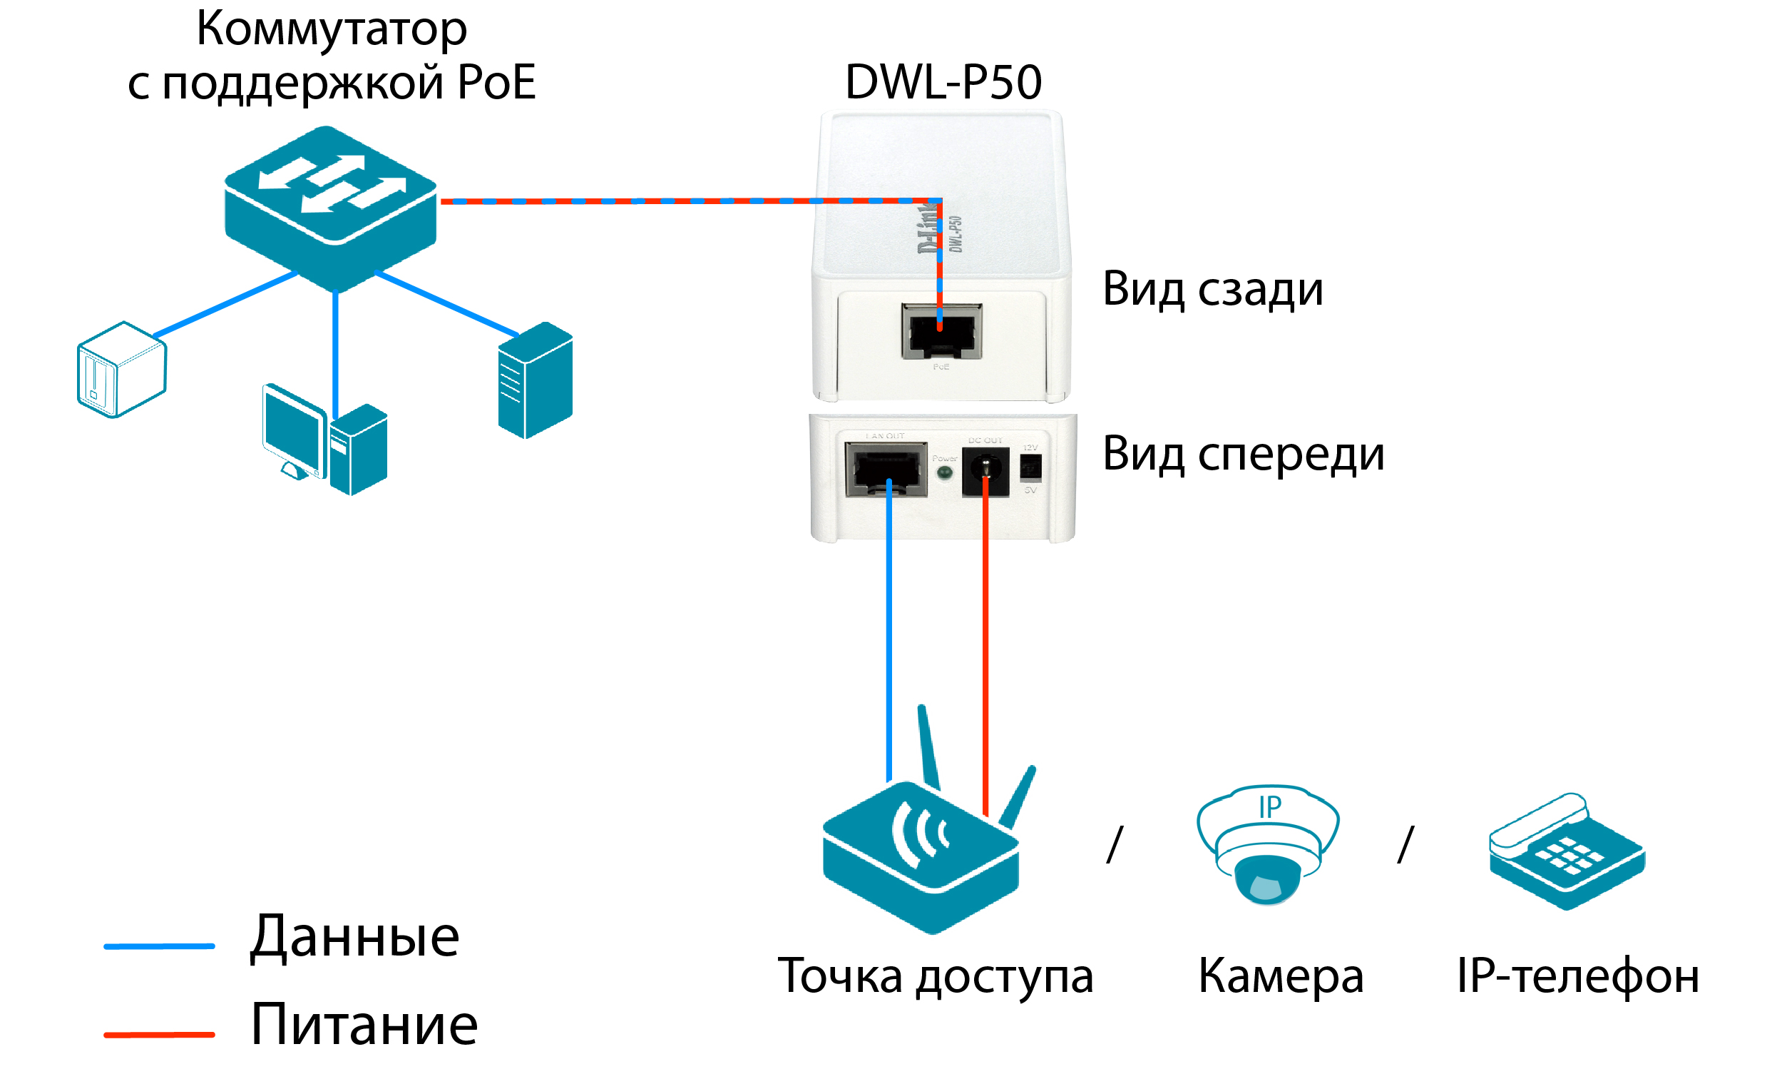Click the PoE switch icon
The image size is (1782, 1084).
coord(330,206)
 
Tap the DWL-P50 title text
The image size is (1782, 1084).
coord(943,82)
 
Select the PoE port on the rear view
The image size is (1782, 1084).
coord(941,332)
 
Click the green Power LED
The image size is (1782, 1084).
coord(944,473)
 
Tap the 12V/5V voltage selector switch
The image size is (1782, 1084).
coord(1030,467)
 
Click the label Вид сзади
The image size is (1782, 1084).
coord(1212,290)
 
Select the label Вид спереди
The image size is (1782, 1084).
coord(1242,455)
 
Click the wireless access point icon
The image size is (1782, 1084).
coord(921,854)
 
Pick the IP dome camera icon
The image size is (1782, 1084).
coord(1268,843)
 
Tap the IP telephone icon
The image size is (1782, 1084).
coord(1567,852)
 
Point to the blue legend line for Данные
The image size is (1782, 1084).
coord(159,946)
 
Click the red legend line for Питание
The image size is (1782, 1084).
coord(159,1035)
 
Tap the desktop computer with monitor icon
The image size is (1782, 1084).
coord(324,440)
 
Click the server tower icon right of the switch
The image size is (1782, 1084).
coord(536,380)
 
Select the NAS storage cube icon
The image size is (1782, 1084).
coord(121,370)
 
